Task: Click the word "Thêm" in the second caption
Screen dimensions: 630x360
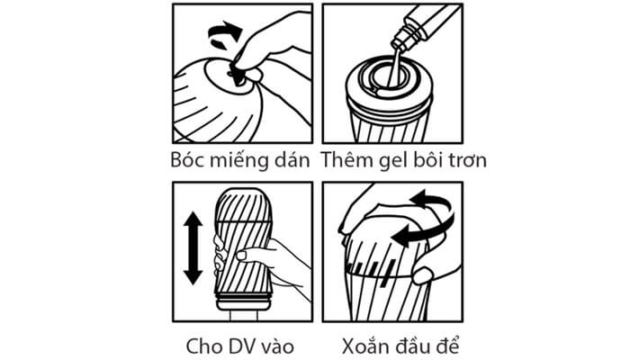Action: tap(346, 159)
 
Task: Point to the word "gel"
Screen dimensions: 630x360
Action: tap(389, 161)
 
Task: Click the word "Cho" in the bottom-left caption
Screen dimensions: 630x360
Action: tap(201, 346)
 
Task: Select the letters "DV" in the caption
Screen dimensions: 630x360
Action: tap(239, 346)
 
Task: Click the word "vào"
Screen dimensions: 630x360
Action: tap(278, 346)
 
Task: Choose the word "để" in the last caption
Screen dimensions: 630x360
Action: tap(445, 345)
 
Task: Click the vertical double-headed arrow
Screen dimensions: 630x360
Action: tap(193, 248)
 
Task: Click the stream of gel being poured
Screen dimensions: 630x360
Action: tap(393, 67)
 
